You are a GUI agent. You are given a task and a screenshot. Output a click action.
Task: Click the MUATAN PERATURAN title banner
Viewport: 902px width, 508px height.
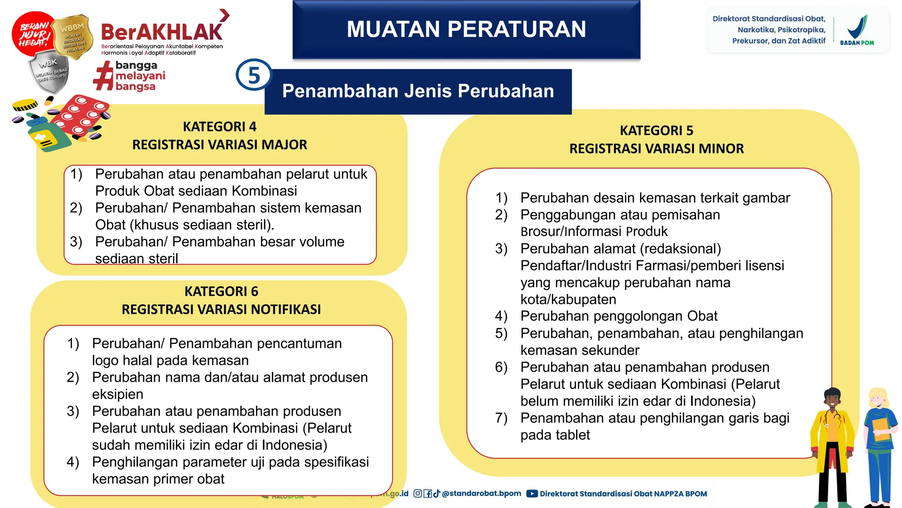click(466, 30)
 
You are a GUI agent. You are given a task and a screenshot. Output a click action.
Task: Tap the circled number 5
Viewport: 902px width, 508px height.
click(254, 75)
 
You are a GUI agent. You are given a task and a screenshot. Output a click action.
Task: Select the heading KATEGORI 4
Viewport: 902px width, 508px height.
click(219, 127)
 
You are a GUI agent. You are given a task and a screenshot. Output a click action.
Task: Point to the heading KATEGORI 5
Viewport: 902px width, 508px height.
click(656, 131)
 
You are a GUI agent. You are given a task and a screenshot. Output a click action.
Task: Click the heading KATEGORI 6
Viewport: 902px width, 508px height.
click(221, 291)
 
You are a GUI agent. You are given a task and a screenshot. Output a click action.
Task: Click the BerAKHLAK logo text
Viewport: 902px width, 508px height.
click(162, 32)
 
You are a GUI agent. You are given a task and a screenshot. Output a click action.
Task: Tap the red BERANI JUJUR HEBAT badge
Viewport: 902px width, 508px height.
click(33, 34)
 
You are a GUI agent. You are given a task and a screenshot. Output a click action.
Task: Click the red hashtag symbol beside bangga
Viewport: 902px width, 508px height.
click(104, 76)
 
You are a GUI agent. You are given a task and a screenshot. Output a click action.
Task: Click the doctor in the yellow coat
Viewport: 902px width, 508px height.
click(832, 445)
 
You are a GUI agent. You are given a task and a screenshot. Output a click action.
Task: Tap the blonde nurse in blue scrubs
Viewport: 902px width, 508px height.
click(880, 445)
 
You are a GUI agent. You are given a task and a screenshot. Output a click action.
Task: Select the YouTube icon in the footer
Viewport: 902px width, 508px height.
click(532, 494)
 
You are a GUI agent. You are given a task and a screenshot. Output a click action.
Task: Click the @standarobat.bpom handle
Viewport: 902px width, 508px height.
click(481, 493)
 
